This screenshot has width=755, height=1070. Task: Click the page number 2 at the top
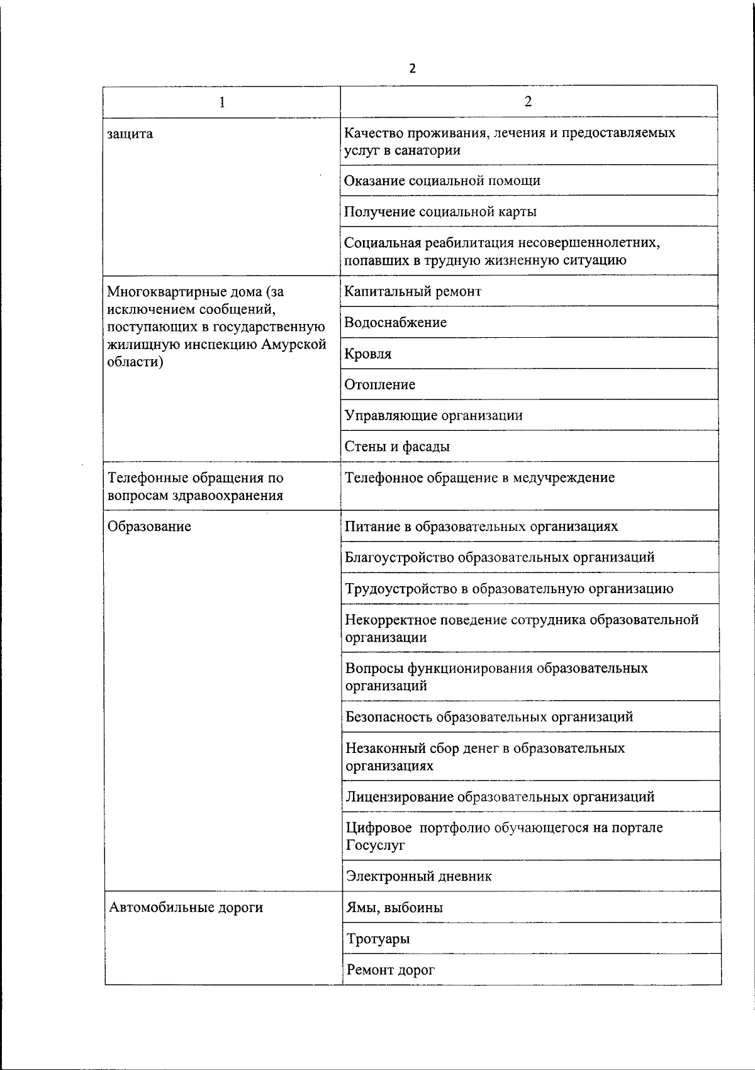point(412,69)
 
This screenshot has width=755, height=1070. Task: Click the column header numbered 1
point(222,102)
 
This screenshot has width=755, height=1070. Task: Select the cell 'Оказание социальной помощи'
point(442,181)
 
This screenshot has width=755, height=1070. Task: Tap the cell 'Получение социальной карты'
point(440,212)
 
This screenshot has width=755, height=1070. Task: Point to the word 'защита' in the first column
point(130,134)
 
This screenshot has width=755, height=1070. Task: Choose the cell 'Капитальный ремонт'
point(413,291)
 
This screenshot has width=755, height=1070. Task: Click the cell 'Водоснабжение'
point(396,323)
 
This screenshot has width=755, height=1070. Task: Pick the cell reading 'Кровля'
point(368,354)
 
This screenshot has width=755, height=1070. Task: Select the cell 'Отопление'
point(380,384)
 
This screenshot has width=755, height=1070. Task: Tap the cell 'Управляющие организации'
point(433,415)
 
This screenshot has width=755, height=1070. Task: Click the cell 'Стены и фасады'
point(397,447)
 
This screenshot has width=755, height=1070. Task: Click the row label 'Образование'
point(149,527)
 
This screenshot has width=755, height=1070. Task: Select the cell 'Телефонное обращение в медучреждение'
point(479,478)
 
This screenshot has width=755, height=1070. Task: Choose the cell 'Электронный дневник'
point(418,876)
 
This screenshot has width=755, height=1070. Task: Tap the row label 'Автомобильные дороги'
point(186,908)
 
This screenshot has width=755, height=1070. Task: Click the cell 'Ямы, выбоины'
point(394,908)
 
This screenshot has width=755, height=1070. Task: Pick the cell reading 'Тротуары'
point(378,939)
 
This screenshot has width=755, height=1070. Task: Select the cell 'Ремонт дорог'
point(390,970)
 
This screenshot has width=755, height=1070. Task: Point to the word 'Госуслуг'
point(376,845)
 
